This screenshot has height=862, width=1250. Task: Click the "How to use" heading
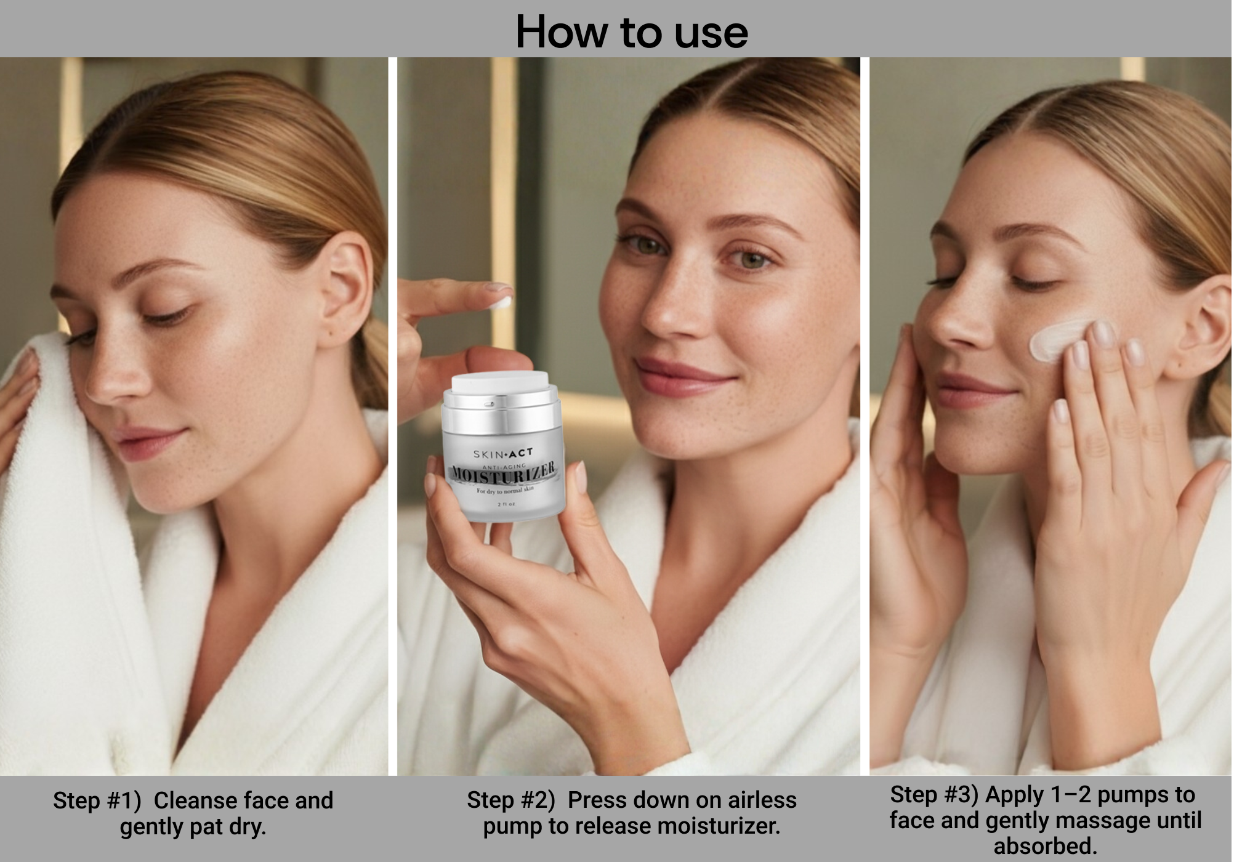click(x=632, y=31)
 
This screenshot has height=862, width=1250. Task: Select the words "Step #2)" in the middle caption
click(x=510, y=800)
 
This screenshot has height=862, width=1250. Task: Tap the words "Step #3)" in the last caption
click(x=933, y=795)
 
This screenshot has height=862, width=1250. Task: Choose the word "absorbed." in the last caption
click(x=1046, y=847)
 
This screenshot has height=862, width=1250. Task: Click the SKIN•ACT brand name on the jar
click(x=503, y=454)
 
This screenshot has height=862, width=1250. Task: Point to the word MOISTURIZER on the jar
click(x=503, y=473)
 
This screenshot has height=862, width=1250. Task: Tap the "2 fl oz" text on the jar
click(x=507, y=504)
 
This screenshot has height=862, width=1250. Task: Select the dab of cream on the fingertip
click(x=502, y=303)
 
